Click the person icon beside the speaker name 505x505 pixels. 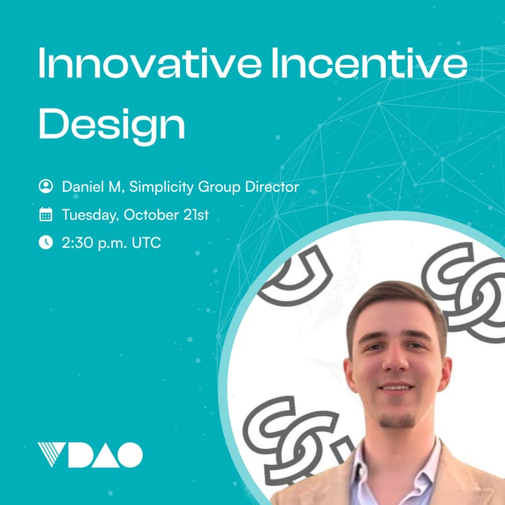pyautogui.click(x=45, y=186)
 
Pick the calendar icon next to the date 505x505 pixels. pyautogui.click(x=45, y=215)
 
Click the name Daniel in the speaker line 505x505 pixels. pyautogui.click(x=82, y=186)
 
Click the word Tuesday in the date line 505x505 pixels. pyautogui.click(x=90, y=215)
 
